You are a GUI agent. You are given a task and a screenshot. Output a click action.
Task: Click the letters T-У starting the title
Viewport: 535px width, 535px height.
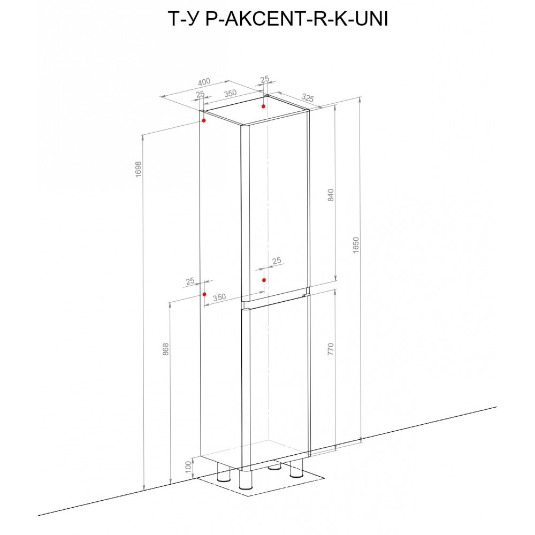(x=182, y=19)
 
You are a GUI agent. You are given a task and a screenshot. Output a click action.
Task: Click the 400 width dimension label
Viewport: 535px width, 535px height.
(x=204, y=82)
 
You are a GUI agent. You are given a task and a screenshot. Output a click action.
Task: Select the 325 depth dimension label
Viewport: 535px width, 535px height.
(x=308, y=98)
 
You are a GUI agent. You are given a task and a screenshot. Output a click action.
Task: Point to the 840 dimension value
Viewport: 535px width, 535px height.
(x=331, y=195)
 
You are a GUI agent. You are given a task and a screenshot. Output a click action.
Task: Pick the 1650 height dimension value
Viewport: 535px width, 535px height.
(x=356, y=245)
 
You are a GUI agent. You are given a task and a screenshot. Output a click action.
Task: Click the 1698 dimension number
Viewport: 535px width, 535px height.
(x=138, y=169)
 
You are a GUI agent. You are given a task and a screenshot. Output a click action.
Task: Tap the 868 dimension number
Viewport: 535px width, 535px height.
(x=165, y=349)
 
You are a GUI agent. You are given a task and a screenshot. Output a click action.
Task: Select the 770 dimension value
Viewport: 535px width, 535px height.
(x=331, y=349)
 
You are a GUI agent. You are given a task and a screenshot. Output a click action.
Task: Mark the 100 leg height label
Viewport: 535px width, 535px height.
(x=188, y=467)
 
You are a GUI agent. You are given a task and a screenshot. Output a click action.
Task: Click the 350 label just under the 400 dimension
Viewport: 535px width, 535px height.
(x=230, y=93)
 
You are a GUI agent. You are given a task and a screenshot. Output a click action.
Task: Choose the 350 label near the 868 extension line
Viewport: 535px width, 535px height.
(x=219, y=297)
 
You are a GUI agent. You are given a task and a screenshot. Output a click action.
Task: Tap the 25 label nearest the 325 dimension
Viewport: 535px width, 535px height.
(x=265, y=79)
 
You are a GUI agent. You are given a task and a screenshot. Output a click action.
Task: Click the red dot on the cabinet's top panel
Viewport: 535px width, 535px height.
(x=263, y=106)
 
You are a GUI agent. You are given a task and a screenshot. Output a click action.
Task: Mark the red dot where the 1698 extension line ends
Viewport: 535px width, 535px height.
(x=204, y=120)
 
